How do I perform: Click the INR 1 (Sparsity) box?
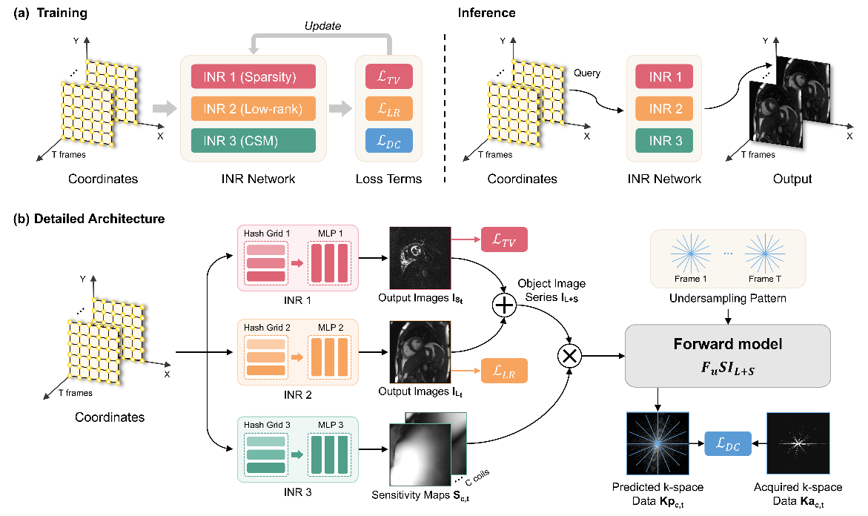pyautogui.click(x=254, y=76)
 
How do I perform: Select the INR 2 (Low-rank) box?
pyautogui.click(x=254, y=109)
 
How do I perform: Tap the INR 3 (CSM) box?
pyautogui.click(x=254, y=142)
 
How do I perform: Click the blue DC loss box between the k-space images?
pyautogui.click(x=728, y=445)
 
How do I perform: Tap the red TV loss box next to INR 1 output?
pyautogui.click(x=504, y=241)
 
